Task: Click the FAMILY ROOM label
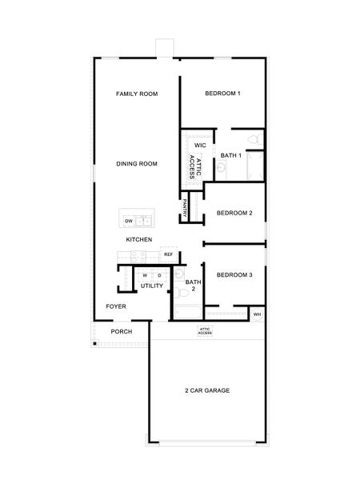click(x=136, y=94)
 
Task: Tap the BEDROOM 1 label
click(x=222, y=94)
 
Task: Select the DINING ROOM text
click(x=136, y=164)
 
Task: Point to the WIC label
click(x=200, y=145)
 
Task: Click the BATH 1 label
click(x=231, y=155)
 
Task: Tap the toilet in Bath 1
click(x=254, y=142)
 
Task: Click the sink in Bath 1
click(x=222, y=168)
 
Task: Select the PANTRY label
click(x=186, y=209)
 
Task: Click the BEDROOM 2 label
click(x=234, y=213)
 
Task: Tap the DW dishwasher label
click(x=128, y=221)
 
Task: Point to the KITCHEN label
click(x=138, y=240)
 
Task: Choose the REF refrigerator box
click(x=168, y=254)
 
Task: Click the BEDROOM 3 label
click(x=234, y=275)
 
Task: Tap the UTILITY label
click(x=152, y=286)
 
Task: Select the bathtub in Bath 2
click(x=185, y=312)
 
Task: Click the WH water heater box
click(x=256, y=314)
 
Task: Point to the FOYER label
click(x=117, y=306)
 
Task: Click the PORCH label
click(x=122, y=331)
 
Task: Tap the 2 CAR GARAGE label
click(x=207, y=390)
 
